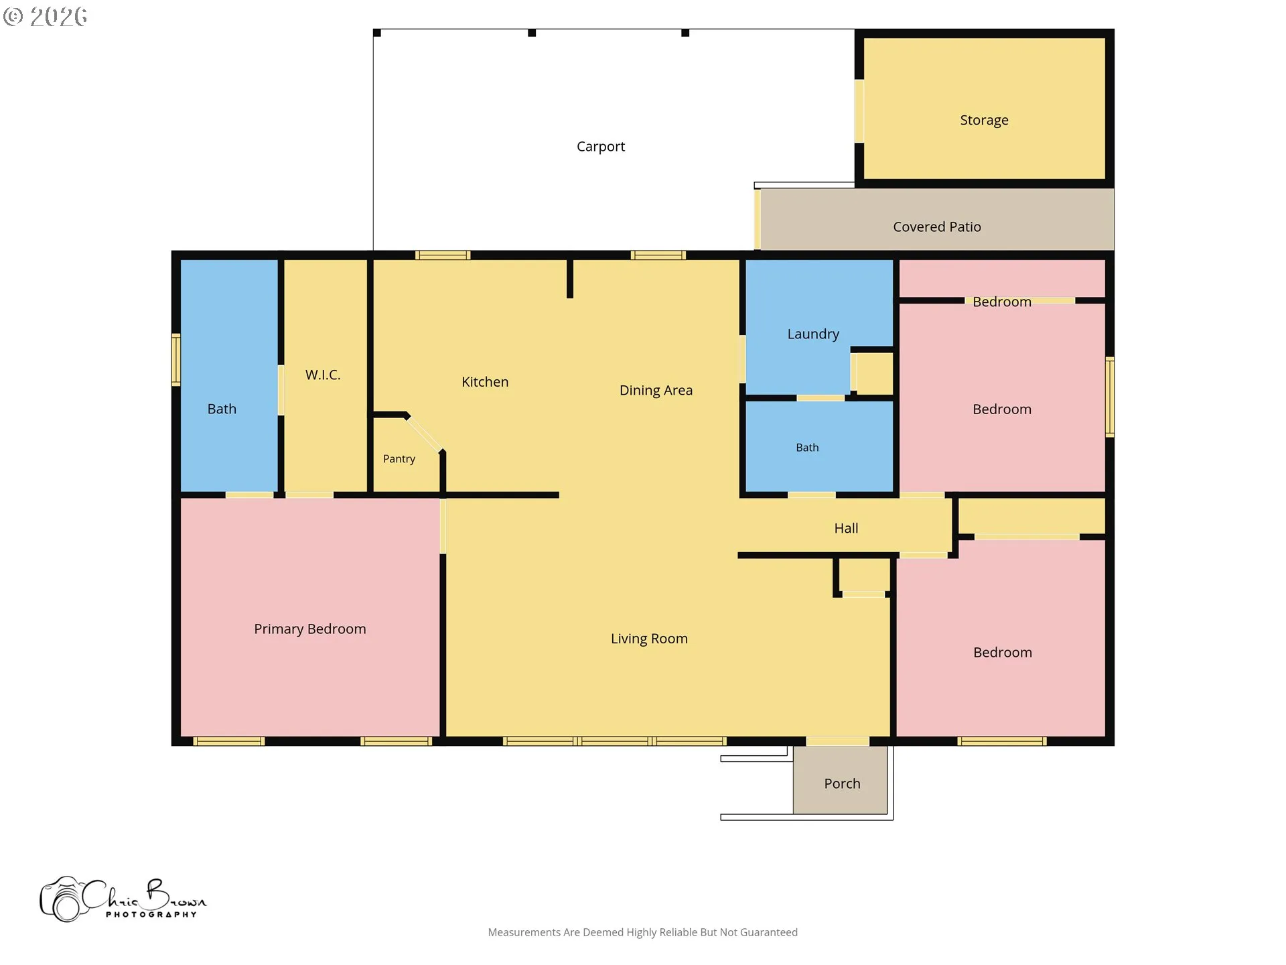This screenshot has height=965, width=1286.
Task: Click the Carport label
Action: [x=601, y=147]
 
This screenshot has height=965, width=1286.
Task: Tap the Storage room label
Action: [x=984, y=120]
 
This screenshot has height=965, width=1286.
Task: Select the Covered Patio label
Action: [x=937, y=227]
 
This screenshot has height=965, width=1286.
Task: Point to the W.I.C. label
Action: [x=323, y=375]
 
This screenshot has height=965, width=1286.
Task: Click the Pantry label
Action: [x=399, y=459]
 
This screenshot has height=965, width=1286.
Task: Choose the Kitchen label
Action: [x=485, y=382]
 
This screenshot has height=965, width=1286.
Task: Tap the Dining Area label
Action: [x=656, y=391]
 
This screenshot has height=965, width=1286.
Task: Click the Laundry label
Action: [x=813, y=334]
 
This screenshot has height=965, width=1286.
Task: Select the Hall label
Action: [x=846, y=529]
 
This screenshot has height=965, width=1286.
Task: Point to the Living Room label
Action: [x=649, y=639]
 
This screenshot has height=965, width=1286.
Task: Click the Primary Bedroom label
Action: [x=310, y=629]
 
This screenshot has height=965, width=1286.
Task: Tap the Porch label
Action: [x=842, y=784]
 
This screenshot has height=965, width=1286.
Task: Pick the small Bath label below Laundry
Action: [x=807, y=448]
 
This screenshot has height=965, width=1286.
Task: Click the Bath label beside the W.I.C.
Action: [x=222, y=409]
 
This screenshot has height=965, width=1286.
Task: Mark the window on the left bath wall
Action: [x=176, y=360]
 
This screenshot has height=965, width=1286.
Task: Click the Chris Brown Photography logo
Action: [x=123, y=899]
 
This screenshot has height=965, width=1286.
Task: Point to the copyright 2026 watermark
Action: [x=45, y=17]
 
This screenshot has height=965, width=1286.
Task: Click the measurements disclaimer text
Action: [x=643, y=932]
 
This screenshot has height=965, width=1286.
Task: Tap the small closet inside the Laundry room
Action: [x=874, y=373]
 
